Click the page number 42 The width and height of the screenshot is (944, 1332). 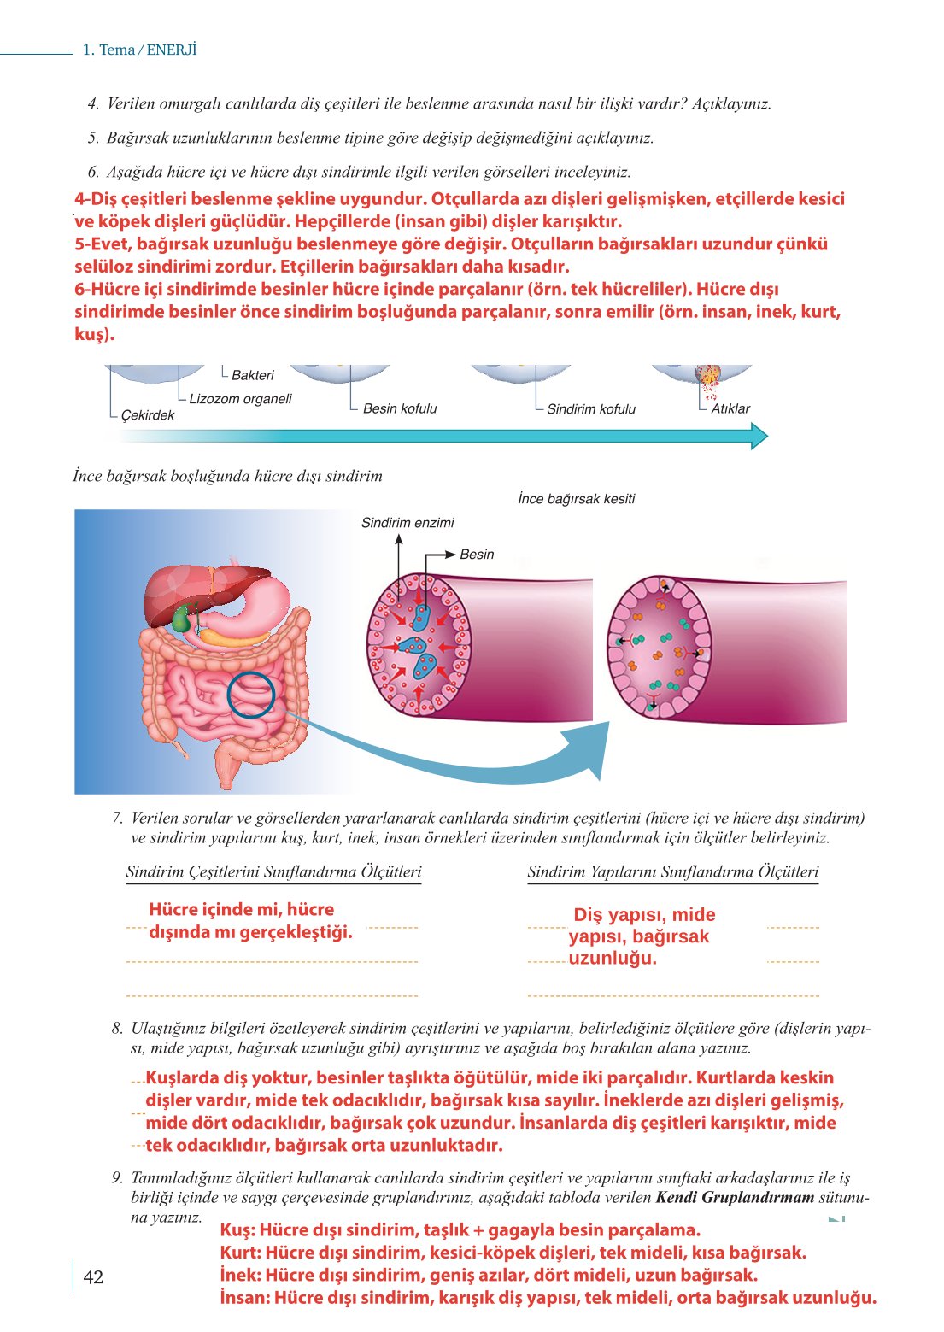point(93,1277)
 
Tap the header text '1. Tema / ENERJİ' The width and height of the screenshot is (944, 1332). point(139,50)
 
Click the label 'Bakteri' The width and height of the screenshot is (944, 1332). point(253,375)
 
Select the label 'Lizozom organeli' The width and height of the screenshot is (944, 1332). point(240,399)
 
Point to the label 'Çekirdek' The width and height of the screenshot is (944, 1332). point(147,415)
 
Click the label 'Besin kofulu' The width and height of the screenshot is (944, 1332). point(400,408)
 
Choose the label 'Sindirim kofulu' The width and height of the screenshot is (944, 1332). point(591,409)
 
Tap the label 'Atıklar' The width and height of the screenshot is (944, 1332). point(730,408)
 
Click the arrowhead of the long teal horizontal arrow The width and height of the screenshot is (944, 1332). point(759,437)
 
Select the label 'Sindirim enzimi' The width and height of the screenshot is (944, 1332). point(408,523)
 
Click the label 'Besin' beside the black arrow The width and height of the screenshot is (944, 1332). point(477,555)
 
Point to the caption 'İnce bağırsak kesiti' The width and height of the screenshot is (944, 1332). point(577,499)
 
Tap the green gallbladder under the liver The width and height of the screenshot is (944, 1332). point(181,618)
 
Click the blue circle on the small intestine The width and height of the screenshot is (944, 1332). point(251,694)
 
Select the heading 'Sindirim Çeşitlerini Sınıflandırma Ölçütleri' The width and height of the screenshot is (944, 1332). point(273,872)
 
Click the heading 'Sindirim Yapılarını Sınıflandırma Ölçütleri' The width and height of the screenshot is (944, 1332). point(673,872)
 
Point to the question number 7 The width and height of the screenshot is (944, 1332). point(118,818)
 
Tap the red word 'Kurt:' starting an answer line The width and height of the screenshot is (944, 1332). point(240,1253)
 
